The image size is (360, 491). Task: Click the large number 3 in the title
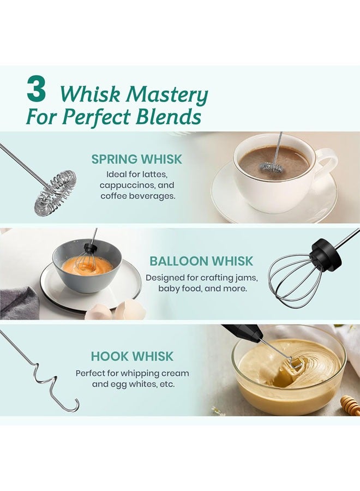pyautogui.click(x=36, y=89)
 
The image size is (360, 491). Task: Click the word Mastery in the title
pyautogui.click(x=167, y=95)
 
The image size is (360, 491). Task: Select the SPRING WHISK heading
pyautogui.click(x=136, y=159)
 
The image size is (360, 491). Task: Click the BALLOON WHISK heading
pyautogui.click(x=201, y=261)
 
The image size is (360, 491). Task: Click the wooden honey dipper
pyautogui.click(x=349, y=405)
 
